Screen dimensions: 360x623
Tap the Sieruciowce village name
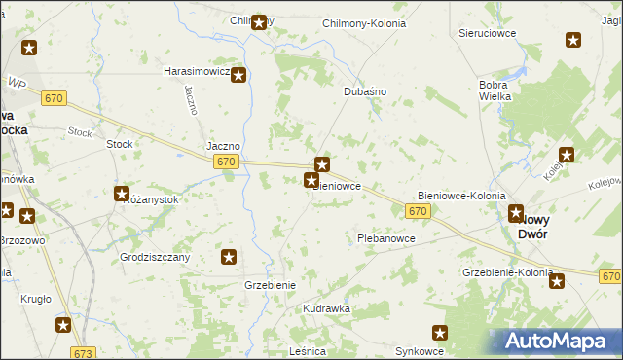[486, 32]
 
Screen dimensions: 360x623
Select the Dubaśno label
[366, 90]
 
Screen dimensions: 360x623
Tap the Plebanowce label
[386, 238]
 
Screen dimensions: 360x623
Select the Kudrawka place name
[326, 308]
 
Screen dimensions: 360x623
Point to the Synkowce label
[420, 350]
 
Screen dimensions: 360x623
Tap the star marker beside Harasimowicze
[238, 74]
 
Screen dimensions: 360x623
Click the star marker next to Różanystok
[122, 195]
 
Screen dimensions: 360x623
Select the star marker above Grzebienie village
[229, 257]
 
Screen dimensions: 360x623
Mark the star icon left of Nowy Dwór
[517, 215]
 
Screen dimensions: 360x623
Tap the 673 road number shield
[84, 352]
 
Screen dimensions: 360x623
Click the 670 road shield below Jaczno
[226, 162]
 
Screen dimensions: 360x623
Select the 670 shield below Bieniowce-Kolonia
[419, 211]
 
